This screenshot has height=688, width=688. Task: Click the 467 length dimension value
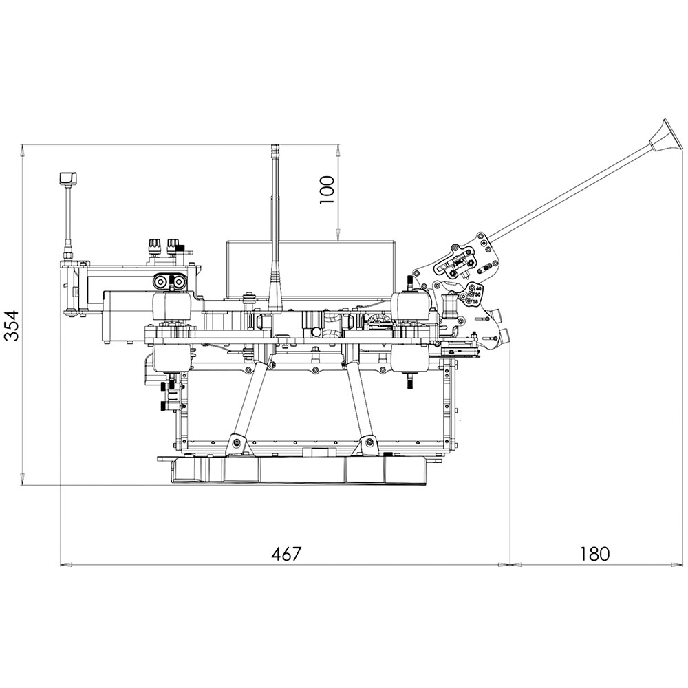(286, 554)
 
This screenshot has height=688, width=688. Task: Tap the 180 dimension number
(594, 554)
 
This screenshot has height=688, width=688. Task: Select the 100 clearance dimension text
(327, 190)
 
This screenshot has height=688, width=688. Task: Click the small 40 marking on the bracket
(479, 288)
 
